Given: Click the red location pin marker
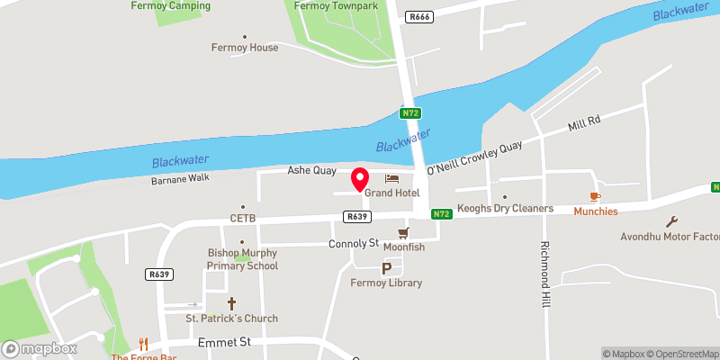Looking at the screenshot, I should (360, 179).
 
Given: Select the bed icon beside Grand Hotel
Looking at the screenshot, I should (391, 178).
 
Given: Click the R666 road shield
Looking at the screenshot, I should (418, 16).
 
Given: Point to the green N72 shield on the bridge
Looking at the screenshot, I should (411, 113).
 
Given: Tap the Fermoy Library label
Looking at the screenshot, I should (386, 283).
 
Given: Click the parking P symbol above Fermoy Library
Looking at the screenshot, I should (387, 268).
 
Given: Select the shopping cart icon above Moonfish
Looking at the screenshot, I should (391, 233).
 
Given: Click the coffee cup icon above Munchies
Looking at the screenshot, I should (594, 196).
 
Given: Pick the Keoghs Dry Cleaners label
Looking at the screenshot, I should (505, 210).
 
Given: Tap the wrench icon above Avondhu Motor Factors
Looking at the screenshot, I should (670, 221).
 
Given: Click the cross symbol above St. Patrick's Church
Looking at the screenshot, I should (231, 304).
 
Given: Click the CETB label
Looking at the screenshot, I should (243, 218).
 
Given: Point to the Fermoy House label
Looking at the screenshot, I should (245, 48).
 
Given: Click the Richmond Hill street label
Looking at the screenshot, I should (544, 275).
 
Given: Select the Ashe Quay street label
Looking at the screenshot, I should (311, 170).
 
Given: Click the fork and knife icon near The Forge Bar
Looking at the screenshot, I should (143, 343).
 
